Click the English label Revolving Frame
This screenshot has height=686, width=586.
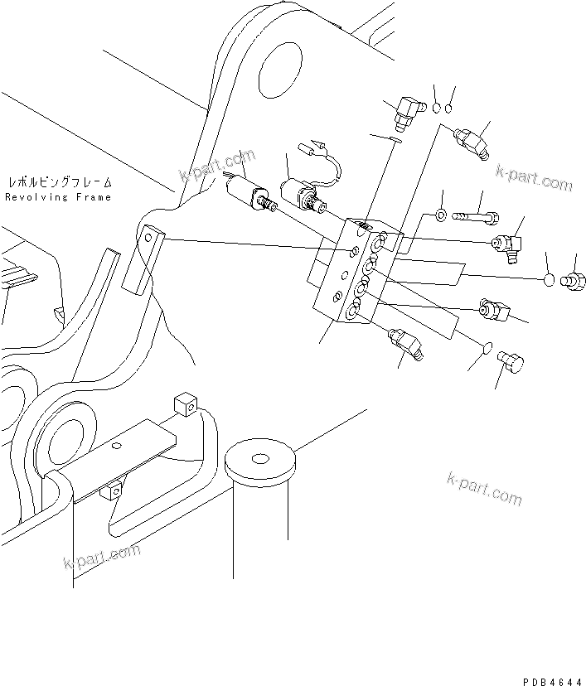(x=57, y=198)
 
